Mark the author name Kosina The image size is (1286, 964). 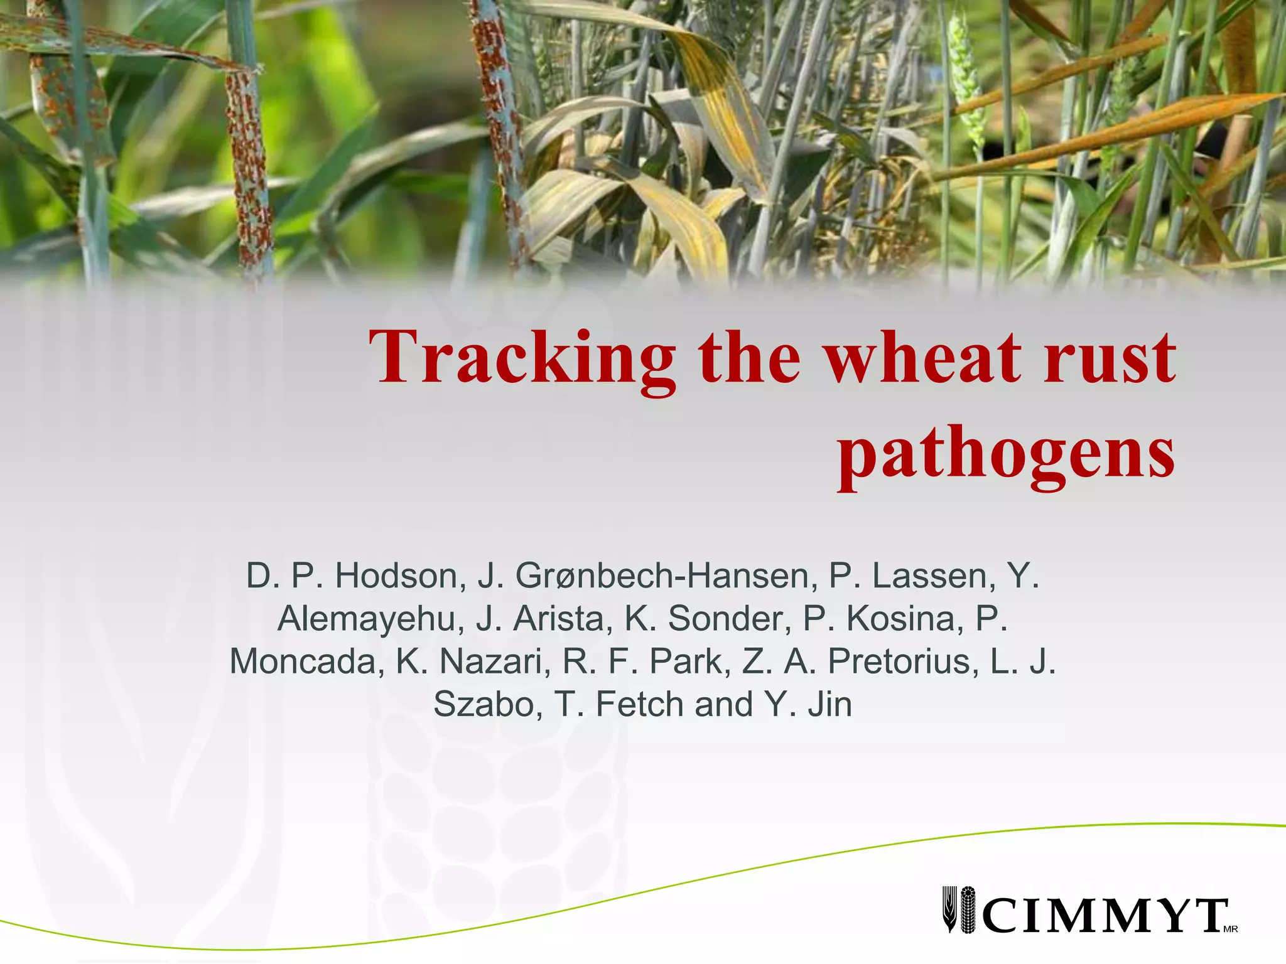905,618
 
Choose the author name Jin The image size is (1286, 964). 830,704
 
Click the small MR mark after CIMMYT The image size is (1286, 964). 1231,929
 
